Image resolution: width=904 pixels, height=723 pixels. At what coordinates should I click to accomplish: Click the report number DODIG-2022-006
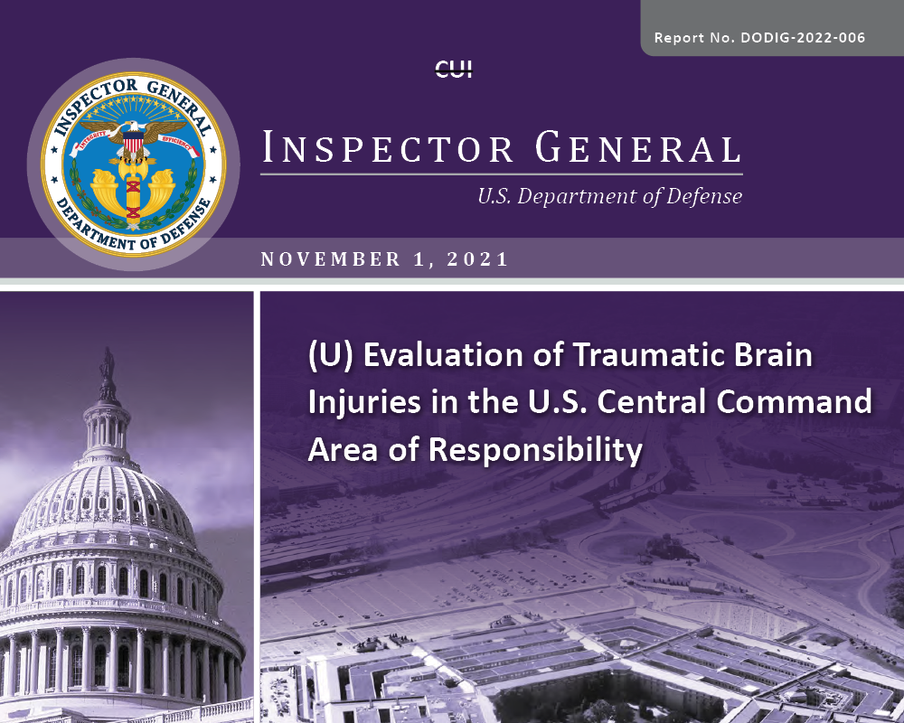pyautogui.click(x=803, y=38)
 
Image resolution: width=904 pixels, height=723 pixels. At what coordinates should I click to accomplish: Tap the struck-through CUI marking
pyautogui.click(x=453, y=70)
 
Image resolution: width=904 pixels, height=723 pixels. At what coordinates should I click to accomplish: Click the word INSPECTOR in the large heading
pyautogui.click(x=388, y=147)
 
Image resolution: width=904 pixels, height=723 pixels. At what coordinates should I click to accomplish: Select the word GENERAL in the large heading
pyautogui.click(x=638, y=147)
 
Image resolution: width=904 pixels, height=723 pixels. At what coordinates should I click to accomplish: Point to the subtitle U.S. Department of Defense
pyautogui.click(x=610, y=197)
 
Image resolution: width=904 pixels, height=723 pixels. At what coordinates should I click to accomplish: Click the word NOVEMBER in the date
pyautogui.click(x=330, y=258)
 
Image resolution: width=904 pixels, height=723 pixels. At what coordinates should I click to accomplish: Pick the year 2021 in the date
pyautogui.click(x=478, y=258)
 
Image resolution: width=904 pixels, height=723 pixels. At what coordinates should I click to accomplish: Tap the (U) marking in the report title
pyautogui.click(x=330, y=355)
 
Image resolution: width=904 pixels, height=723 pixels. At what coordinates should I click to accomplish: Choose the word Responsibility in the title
pyautogui.click(x=535, y=450)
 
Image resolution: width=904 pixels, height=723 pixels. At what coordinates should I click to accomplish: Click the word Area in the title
pyautogui.click(x=343, y=450)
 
